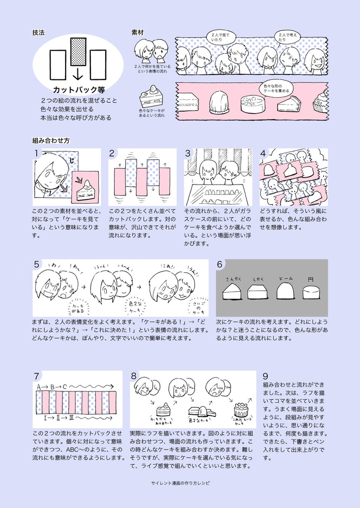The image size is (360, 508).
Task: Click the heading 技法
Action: click(39, 33)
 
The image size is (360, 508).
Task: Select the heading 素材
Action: click(137, 33)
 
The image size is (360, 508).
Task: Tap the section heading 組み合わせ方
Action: click(51, 140)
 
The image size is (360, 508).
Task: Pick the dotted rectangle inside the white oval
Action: click(78, 52)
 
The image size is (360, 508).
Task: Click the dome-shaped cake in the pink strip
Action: click(218, 103)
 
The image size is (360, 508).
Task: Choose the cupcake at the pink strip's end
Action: click(321, 103)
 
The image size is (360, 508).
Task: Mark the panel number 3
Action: click(188, 154)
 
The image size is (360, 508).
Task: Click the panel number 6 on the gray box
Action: click(219, 264)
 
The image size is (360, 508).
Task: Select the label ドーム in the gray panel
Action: click(286, 279)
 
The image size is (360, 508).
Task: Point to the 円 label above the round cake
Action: click(311, 280)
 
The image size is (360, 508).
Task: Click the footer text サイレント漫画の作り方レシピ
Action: click(180, 482)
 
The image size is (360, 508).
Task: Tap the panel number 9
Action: click(266, 376)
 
